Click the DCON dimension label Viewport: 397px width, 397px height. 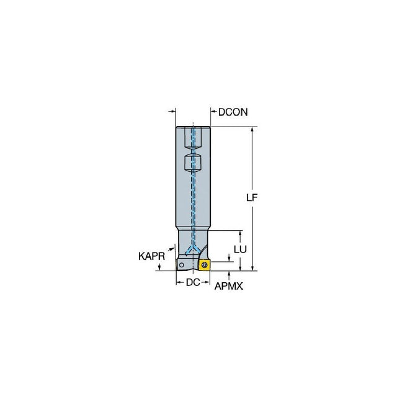[x=233, y=112]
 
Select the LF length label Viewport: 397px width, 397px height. [x=252, y=197]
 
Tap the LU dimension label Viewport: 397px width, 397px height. [x=240, y=249]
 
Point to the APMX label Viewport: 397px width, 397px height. [x=229, y=286]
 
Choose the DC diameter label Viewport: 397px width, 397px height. [x=193, y=282]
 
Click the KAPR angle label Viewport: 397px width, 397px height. [x=151, y=256]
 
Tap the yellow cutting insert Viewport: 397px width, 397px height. [x=205, y=265]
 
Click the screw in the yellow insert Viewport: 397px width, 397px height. [x=205, y=265]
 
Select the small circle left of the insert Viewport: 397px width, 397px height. [x=181, y=265]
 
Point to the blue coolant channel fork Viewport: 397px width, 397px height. [x=193, y=249]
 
